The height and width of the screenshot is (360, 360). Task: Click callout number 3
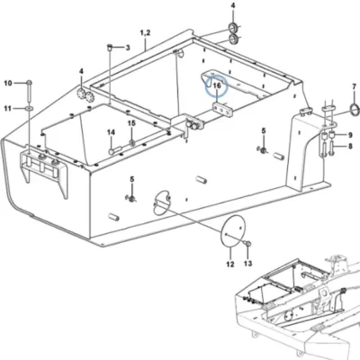click(128, 48)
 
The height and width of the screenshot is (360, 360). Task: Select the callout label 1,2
click(145, 32)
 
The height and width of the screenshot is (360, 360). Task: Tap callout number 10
click(8, 83)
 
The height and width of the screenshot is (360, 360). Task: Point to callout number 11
click(7, 108)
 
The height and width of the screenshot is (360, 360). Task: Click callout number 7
click(355, 87)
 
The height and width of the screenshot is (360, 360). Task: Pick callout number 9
click(350, 135)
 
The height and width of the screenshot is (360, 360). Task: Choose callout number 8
click(350, 147)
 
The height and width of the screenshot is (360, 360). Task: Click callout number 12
click(230, 265)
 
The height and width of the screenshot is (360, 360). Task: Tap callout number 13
click(248, 264)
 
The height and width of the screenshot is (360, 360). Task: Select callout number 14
click(112, 132)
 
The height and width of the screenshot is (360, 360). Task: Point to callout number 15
click(131, 123)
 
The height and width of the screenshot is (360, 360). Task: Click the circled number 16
click(217, 85)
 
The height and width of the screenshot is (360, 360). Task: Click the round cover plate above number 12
click(233, 231)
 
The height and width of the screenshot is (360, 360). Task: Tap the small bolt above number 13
click(248, 244)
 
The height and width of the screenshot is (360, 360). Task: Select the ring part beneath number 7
click(355, 110)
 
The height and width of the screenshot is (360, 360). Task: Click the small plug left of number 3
click(110, 48)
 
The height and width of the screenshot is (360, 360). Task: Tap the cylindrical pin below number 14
click(115, 149)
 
